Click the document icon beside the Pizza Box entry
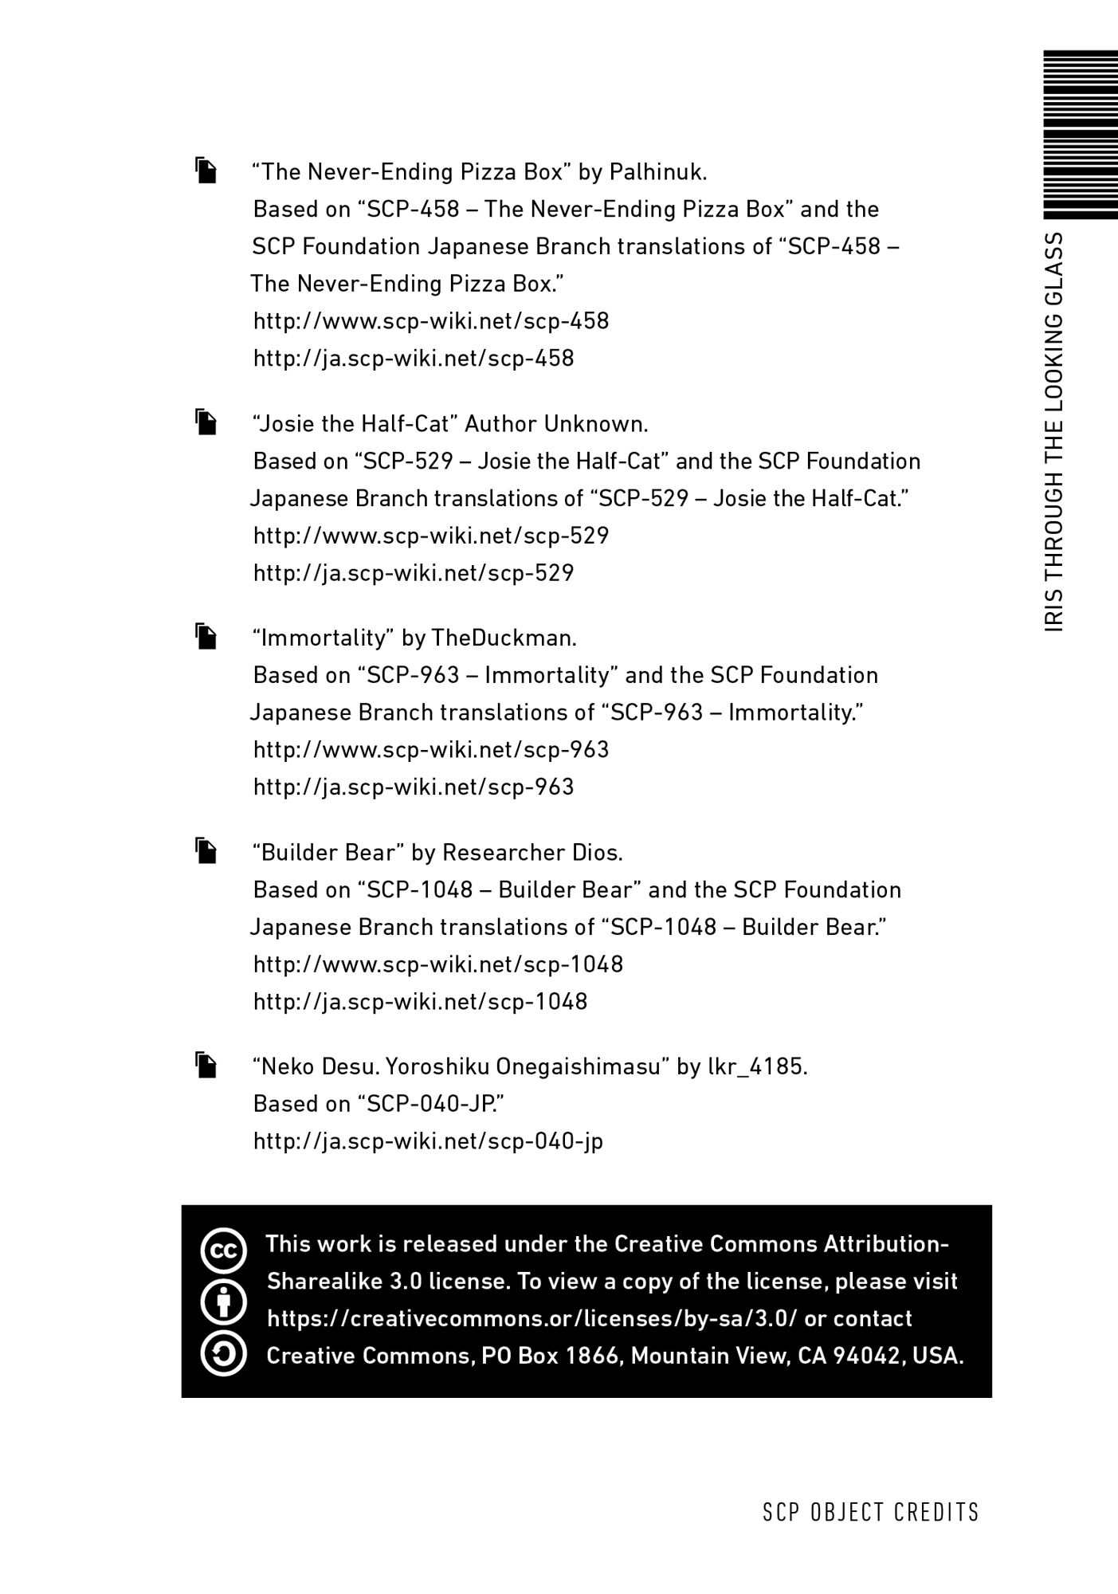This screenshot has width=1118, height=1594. point(206,171)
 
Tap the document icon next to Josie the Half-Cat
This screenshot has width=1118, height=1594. point(206,422)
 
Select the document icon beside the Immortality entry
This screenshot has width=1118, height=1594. point(206,637)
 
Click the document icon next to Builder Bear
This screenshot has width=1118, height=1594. point(206,851)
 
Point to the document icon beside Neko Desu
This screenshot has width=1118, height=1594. point(206,1066)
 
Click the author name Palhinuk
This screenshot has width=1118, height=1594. point(658,172)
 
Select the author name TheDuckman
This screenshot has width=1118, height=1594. point(504,638)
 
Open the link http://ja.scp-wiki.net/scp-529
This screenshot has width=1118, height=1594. point(414,573)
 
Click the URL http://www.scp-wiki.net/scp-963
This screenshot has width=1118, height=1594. point(431,750)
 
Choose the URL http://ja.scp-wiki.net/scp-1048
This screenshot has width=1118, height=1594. point(420,1002)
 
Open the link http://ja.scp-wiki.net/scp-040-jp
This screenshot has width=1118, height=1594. point(428,1141)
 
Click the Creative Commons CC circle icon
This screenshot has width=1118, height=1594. point(224,1250)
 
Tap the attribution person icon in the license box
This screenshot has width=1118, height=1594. point(224,1302)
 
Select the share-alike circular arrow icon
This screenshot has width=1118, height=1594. point(224,1353)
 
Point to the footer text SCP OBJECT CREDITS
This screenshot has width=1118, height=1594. point(871,1513)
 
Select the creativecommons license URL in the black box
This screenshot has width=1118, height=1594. point(532,1319)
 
